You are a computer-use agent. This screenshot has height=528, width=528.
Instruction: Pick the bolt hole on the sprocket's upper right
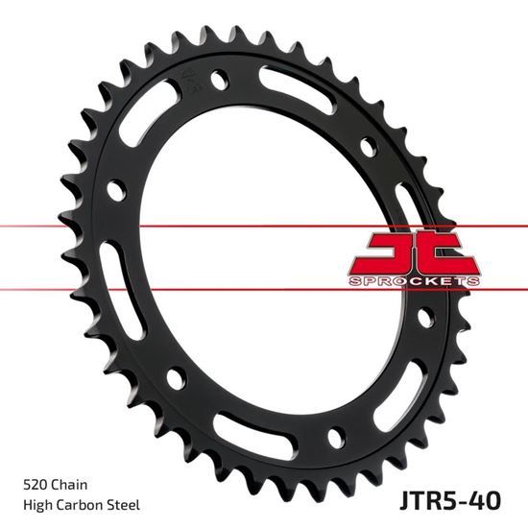click(368, 148)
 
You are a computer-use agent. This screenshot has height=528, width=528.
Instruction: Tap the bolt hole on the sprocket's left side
click(115, 189)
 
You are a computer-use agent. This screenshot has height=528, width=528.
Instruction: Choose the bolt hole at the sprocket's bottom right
click(336, 438)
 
